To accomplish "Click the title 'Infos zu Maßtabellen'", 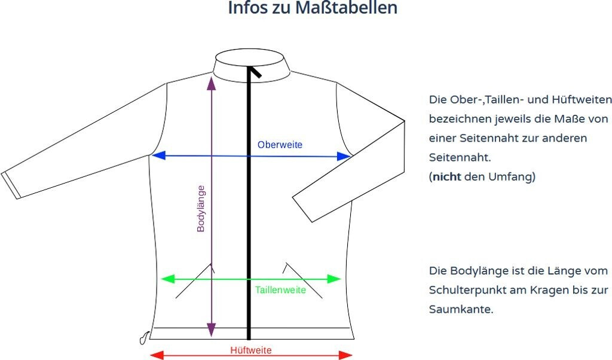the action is click(313, 9).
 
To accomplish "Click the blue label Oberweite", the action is click(280, 145).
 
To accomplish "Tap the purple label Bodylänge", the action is click(201, 208).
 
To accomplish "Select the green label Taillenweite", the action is click(280, 290).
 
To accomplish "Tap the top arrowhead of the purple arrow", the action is click(211, 83).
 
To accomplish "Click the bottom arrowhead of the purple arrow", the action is click(211, 330).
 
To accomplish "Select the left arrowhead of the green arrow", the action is click(167, 279).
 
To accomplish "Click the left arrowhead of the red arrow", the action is click(155, 355).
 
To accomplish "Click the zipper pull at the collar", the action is click(256, 72).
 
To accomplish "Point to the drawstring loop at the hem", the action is click(142, 339).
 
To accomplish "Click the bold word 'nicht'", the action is click(446, 177).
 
